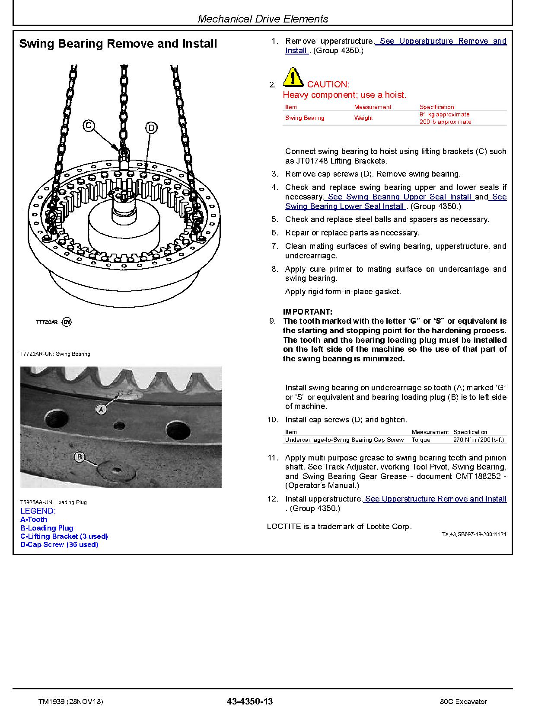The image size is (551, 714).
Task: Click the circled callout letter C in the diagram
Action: [88, 125]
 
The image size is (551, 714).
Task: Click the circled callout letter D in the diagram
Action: [151, 128]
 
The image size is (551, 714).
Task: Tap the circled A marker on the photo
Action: [101, 409]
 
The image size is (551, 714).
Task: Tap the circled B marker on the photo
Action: [80, 457]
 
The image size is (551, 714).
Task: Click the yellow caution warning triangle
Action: [293, 77]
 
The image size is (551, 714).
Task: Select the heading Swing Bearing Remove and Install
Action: [118, 44]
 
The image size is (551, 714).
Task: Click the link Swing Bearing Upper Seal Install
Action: [399, 197]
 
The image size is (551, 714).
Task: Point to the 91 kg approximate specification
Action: [444, 115]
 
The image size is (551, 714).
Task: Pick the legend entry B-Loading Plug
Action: [47, 528]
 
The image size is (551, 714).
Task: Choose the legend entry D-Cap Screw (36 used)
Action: [59, 544]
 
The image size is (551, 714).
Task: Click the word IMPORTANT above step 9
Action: [307, 312]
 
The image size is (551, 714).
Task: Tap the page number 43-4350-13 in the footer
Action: [249, 701]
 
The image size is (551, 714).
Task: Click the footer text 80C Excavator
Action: [461, 701]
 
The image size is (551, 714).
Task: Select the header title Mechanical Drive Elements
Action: [263, 19]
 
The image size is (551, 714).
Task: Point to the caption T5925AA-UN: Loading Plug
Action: [53, 502]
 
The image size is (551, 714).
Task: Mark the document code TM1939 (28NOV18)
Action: [70, 701]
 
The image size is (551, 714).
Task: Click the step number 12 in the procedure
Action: [272, 499]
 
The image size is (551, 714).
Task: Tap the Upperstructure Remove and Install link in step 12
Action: [435, 499]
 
